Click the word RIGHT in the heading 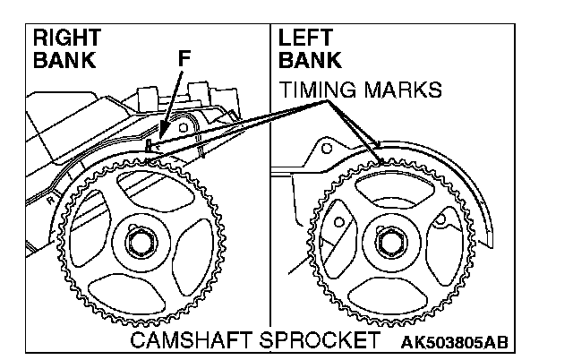click(66, 39)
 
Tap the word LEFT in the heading click(306, 39)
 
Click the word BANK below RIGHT click(62, 61)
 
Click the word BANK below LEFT click(310, 61)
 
